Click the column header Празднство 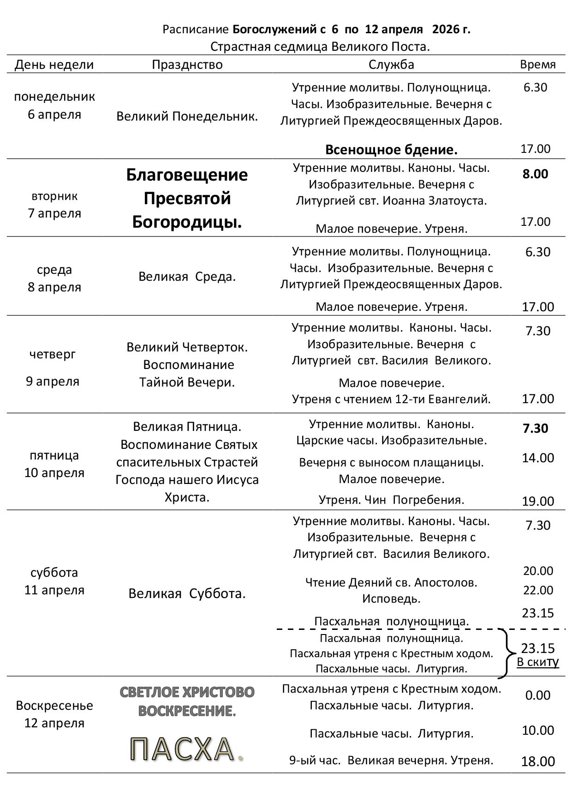click(187, 65)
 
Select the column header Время click(537, 65)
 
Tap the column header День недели click(54, 65)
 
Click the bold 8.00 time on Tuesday click(535, 174)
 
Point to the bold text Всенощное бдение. click(391, 150)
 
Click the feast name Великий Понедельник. click(187, 116)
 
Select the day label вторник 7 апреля click(54, 205)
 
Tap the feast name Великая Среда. click(187, 277)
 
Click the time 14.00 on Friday click(537, 458)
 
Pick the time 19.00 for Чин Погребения click(537, 501)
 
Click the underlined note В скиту click(537, 662)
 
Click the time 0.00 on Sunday click(537, 695)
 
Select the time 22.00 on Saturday click(538, 590)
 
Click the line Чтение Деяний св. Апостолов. click(391, 583)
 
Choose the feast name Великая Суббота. click(187, 593)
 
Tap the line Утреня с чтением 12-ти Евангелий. click(391, 399)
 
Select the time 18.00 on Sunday click(538, 762)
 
